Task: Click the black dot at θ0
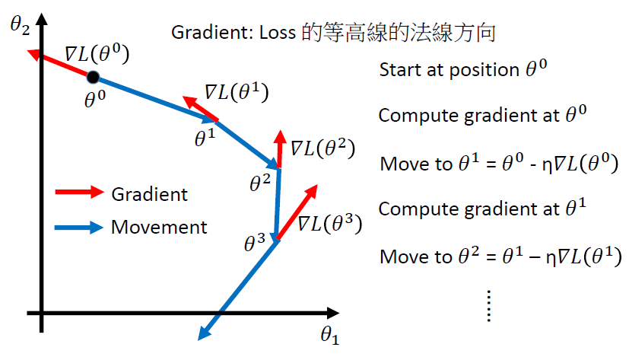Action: pos(93,76)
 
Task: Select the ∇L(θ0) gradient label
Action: pos(97,55)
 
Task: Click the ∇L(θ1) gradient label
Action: pos(237,93)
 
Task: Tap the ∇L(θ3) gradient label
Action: pos(329,225)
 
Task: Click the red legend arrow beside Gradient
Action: pos(78,193)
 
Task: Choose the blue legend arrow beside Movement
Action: pos(78,227)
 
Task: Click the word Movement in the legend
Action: pos(159,227)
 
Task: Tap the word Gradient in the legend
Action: pos(149,193)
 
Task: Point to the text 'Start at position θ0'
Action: pos(463,69)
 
